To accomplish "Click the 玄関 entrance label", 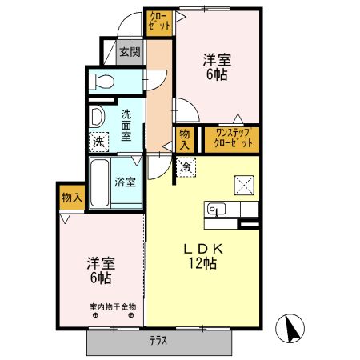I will (130, 54).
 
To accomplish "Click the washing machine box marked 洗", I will (98, 142).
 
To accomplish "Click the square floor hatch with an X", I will (243, 184).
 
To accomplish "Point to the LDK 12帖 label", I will (205, 255).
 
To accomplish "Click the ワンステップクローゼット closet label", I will (234, 138).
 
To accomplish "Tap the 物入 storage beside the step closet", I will (185, 138).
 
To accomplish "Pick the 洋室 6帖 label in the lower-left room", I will (100, 270).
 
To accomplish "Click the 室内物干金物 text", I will (112, 306).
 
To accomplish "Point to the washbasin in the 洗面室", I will (98, 118).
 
